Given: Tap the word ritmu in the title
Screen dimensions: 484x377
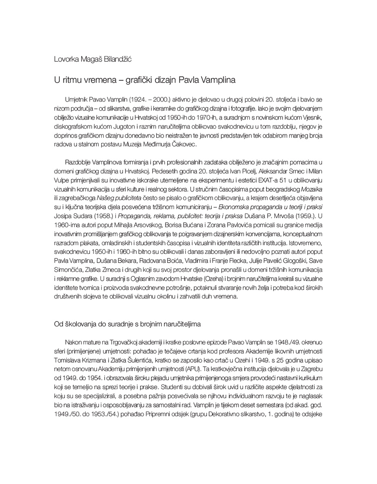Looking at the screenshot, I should pos(70,80).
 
